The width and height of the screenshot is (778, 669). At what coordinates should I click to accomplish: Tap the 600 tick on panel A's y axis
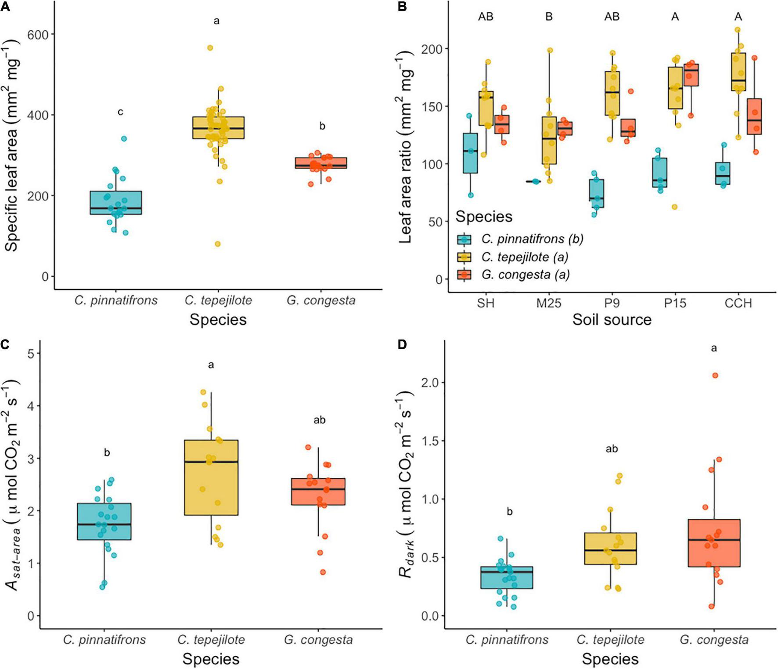point(38,34)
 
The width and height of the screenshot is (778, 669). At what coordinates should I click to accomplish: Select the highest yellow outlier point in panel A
point(210,48)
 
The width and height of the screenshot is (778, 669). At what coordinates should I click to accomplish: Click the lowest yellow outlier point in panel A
point(218,244)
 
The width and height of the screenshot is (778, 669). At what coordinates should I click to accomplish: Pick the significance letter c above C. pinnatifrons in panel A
point(120,112)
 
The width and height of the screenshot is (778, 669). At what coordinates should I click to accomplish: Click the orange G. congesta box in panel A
point(321,163)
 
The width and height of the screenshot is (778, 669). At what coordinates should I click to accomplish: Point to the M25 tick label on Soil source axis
point(549,303)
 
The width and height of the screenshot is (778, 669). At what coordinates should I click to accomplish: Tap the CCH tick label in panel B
point(738,303)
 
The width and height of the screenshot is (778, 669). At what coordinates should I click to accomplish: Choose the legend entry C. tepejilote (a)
point(524,257)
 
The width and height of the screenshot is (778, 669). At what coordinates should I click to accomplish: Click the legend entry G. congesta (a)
point(525,275)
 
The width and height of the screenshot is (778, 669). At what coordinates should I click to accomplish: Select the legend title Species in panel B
point(484,217)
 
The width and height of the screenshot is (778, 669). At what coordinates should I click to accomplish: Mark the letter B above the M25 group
point(549,17)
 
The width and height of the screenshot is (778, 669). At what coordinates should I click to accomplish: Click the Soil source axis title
point(612,320)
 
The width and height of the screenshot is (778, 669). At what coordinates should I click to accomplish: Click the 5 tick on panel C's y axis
point(31,354)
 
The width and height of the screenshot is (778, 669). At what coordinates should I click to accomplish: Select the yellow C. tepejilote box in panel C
point(211,477)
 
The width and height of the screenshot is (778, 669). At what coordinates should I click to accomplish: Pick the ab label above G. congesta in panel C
point(320,420)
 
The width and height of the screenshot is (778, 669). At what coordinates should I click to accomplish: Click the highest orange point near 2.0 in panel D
point(715,376)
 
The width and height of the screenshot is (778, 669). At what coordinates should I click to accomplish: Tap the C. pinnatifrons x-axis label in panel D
point(507,640)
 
